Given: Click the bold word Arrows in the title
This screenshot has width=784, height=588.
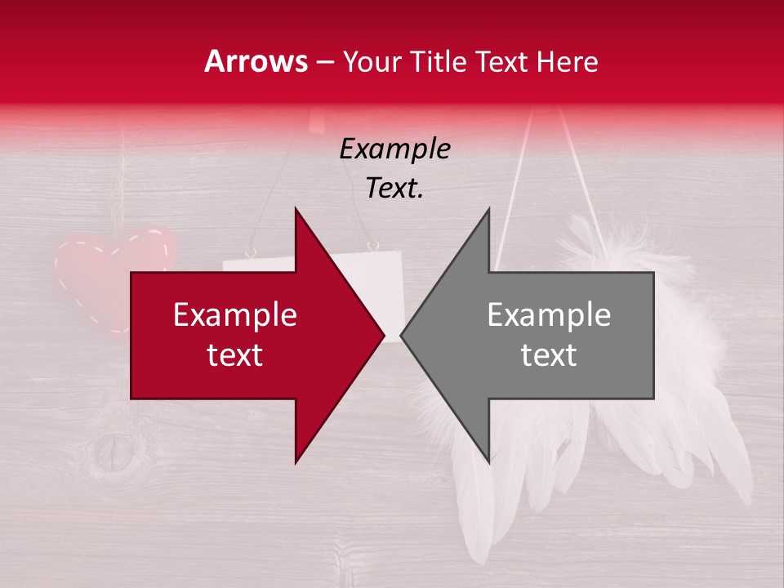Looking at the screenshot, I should (256, 61).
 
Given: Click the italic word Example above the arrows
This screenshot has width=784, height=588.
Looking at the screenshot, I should (394, 149).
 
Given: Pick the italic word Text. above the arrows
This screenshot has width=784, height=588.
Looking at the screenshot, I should (394, 188).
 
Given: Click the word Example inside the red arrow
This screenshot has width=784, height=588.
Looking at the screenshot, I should (235, 315).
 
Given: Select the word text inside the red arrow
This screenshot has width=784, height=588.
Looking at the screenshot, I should (235, 355).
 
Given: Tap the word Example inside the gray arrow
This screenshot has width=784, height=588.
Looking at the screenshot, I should (549, 315).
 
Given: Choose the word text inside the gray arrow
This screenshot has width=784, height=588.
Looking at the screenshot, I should (549, 355).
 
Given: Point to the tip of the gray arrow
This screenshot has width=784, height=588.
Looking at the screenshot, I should (403, 335).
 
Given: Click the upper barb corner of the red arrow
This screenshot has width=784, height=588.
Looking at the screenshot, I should (296, 211).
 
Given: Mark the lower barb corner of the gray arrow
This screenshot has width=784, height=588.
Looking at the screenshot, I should (488, 461).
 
